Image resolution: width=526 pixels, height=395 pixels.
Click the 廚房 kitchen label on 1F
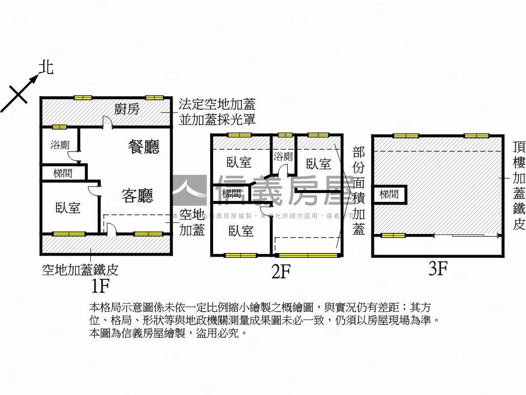click(127, 109)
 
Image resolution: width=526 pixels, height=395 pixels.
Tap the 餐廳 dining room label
click(143, 147)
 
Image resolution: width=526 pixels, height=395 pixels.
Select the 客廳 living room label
click(137, 195)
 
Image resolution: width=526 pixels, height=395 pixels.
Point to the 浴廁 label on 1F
click(60, 145)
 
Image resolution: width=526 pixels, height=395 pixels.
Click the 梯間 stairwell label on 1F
click(63, 173)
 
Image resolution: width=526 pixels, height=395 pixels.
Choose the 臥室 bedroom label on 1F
click(68, 208)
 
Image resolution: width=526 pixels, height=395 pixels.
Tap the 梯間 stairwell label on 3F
click(389, 194)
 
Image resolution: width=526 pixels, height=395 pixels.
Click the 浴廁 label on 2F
click(283, 156)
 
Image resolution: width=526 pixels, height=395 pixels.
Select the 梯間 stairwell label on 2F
click(232, 194)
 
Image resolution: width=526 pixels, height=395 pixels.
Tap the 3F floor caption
click(438, 268)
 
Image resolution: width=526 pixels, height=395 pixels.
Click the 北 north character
click(47, 67)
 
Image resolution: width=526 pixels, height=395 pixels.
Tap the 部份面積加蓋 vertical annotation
click(358, 190)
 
